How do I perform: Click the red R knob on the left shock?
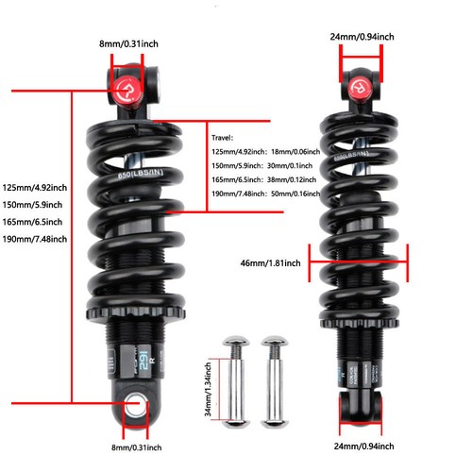(127, 91)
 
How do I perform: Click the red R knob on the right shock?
(360, 88)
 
